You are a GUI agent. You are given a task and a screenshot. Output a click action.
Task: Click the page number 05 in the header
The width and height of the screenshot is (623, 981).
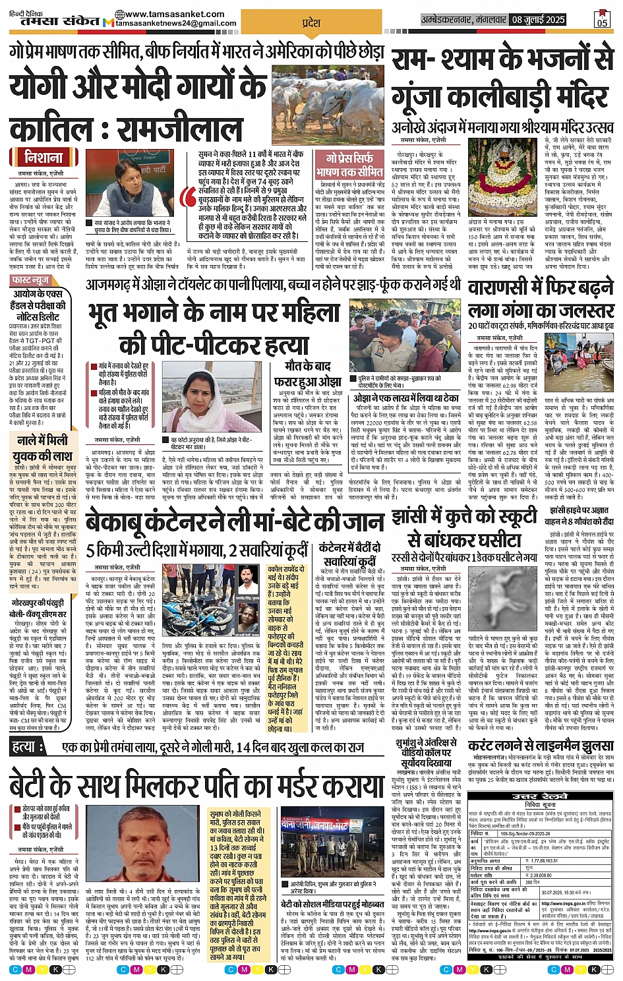click(601, 20)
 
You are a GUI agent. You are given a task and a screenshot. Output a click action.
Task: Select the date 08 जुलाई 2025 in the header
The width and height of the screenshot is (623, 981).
click(537, 20)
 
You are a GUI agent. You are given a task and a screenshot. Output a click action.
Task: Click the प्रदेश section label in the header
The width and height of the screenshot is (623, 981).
click(311, 23)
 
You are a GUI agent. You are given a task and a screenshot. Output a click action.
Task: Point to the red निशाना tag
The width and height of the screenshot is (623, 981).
click(44, 158)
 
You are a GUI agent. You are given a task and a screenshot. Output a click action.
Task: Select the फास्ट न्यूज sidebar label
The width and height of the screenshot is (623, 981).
click(31, 280)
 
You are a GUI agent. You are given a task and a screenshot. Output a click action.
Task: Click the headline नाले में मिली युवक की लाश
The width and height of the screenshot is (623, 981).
click(44, 448)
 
